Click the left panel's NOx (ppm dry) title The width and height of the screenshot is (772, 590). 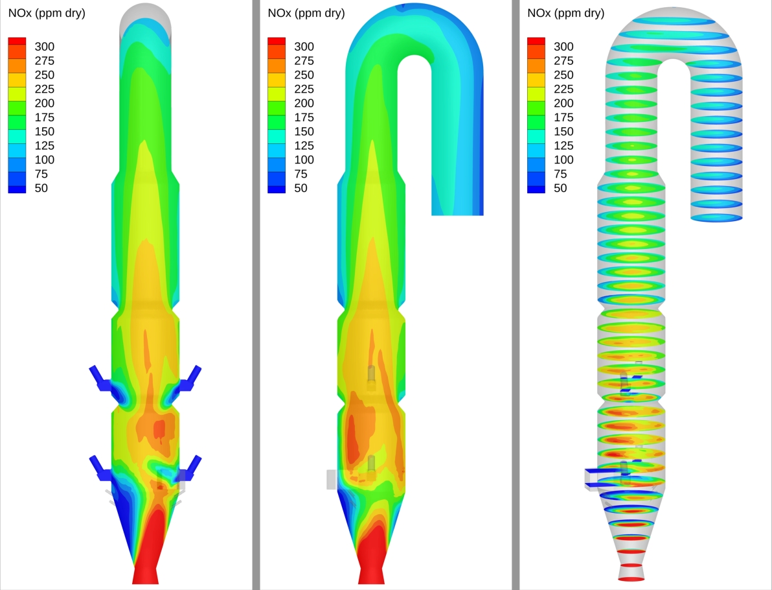coord(47,14)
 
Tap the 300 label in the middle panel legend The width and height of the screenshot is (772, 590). coord(304,46)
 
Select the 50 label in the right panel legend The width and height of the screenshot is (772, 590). coord(560,188)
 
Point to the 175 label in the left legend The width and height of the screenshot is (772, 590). coord(44,117)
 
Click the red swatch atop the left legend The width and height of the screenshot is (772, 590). coord(17,41)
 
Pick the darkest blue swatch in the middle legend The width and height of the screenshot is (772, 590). coord(276,189)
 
